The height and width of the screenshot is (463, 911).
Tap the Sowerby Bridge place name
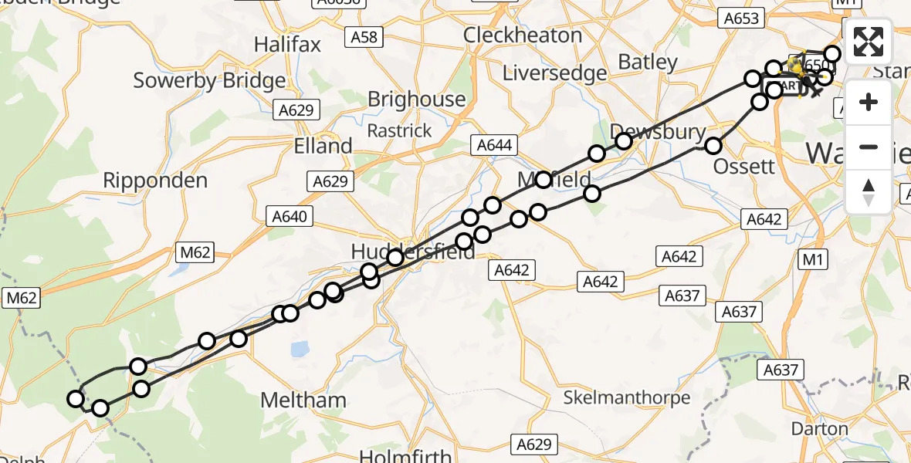click(210, 80)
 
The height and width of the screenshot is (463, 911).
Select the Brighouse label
click(416, 100)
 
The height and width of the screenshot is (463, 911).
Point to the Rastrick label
click(399, 130)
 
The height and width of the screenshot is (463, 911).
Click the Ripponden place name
click(157, 181)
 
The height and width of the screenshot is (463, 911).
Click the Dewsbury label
click(658, 132)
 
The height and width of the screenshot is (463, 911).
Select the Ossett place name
click(743, 166)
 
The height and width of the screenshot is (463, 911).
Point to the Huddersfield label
click(413, 252)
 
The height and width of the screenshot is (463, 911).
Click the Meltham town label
click(303, 400)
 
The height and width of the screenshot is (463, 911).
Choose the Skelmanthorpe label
click(626, 397)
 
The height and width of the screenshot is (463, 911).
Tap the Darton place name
click(820, 428)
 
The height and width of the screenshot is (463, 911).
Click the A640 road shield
click(289, 217)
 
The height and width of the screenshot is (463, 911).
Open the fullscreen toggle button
click(869, 42)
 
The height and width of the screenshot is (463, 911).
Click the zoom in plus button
click(869, 102)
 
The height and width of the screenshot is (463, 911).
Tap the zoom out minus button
click(869, 147)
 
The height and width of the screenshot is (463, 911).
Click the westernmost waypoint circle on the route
click(76, 399)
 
